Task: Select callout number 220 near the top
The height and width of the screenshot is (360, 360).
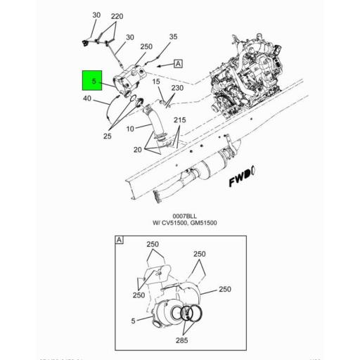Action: [x=117, y=15]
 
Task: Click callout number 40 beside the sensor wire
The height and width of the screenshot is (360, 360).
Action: [x=87, y=99]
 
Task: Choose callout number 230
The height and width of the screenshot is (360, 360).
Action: [x=177, y=88]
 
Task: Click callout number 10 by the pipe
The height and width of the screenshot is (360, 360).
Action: [x=129, y=129]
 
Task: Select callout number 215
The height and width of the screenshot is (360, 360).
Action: [x=180, y=121]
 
